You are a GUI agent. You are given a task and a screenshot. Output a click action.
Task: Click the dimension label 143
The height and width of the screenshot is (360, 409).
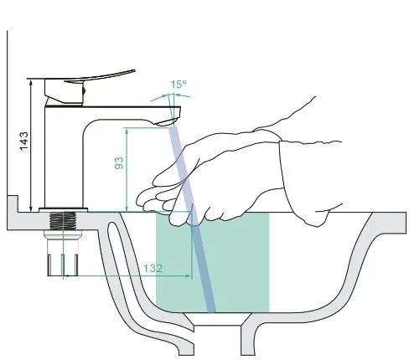[24, 141]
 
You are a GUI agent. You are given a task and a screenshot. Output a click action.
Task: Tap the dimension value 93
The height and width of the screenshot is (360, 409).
[119, 163]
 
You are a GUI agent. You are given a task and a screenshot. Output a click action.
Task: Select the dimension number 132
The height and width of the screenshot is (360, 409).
[153, 269]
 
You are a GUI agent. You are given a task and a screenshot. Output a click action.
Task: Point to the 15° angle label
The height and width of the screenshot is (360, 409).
[179, 85]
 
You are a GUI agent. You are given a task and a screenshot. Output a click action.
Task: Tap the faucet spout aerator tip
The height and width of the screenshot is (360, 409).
[167, 122]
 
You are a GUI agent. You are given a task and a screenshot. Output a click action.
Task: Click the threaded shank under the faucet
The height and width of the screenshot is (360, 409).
[63, 221]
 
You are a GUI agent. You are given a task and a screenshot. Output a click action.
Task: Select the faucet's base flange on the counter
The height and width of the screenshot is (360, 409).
[63, 210]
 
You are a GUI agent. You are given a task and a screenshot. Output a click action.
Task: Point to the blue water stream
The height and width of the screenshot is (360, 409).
[192, 219]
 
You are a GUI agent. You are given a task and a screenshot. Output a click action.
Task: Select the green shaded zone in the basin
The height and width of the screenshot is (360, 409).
[212, 262]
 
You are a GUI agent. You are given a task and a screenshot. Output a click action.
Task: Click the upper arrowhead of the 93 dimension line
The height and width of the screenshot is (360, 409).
[127, 131]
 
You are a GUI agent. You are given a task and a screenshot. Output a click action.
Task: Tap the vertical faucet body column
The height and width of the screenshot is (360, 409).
[64, 157]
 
